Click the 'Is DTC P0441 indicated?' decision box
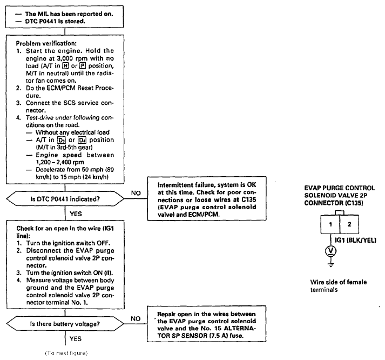(65, 199)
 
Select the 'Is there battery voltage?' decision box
(65, 324)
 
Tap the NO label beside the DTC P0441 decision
(136, 193)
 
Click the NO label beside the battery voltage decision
(136, 319)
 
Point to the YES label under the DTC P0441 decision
(76, 214)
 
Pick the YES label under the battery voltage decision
(76, 338)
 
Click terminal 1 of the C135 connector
(330, 224)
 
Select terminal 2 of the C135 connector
(349, 224)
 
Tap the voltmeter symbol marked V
(331, 251)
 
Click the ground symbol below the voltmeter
(331, 265)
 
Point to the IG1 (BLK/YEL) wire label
(355, 240)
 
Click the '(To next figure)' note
(66, 353)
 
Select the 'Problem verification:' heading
(46, 43)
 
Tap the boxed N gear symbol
(65, 66)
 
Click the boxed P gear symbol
(83, 66)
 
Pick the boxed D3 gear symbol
(62, 140)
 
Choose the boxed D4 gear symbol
(82, 140)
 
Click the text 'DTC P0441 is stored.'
(55, 22)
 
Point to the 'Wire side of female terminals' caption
(339, 286)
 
